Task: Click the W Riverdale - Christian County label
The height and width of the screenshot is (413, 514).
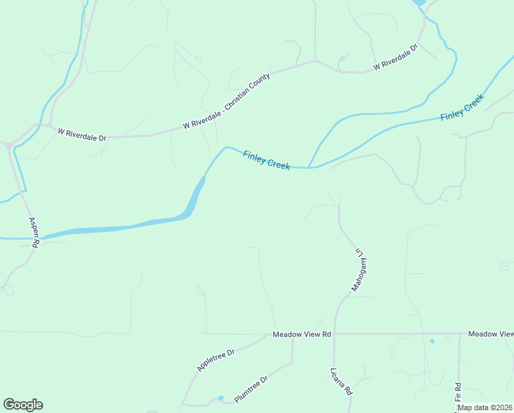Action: pos(227,100)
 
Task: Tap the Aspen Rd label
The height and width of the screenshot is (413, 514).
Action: pos(34,233)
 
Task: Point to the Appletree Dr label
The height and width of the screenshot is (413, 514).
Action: pos(216,360)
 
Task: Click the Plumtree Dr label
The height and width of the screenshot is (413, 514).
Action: pos(251,389)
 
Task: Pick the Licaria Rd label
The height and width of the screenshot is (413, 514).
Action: pos(341,380)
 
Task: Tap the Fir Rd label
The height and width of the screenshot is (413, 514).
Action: pos(458,392)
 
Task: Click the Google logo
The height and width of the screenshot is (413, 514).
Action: pos(23,405)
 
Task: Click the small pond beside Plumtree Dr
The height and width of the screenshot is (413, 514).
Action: pos(220,398)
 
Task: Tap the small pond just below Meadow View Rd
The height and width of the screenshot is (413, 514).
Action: pos(432,341)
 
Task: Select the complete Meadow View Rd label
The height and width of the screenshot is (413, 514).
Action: pos(302,334)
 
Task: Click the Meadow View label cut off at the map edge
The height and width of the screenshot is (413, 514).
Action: pos(491,334)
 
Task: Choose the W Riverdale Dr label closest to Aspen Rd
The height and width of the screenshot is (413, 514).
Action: pos(82,134)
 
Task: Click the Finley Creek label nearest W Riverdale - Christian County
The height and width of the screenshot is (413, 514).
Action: pos(267,160)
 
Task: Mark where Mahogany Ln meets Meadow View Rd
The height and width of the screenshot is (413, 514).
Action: pos(335,334)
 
